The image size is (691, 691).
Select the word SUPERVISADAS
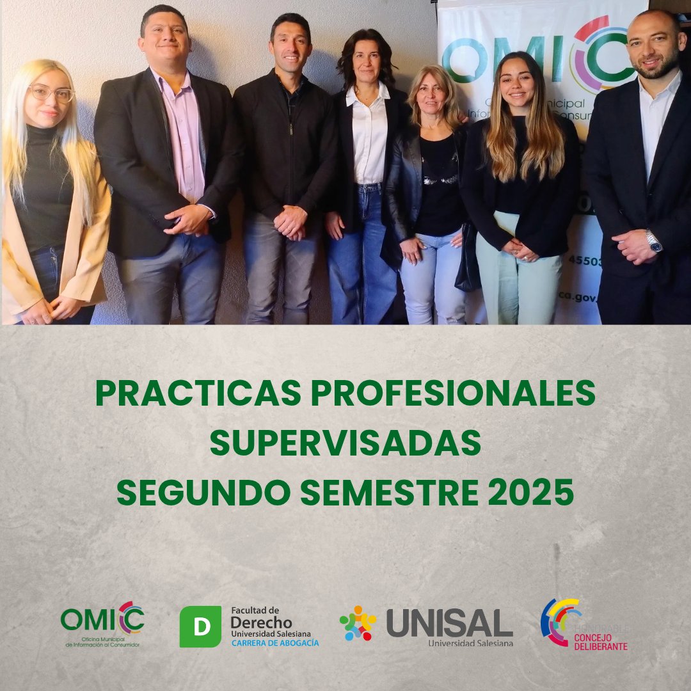345,443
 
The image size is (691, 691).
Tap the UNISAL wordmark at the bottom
449,623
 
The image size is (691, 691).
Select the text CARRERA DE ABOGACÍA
274,642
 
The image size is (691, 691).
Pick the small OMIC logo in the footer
102,620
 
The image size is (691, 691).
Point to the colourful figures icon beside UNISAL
358,623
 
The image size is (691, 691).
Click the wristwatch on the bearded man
653,241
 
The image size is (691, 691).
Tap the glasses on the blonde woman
52,93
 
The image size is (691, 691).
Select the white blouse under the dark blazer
369,138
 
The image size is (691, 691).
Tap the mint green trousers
518,282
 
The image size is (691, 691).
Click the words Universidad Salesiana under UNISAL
470,642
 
